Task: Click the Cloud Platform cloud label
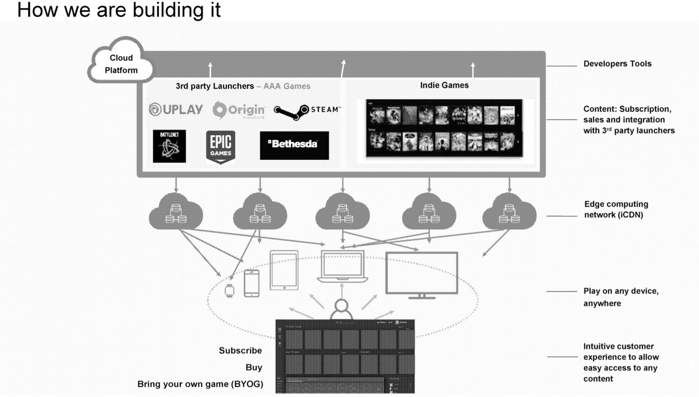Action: (121, 64)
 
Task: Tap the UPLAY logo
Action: (176, 109)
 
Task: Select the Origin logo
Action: (239, 110)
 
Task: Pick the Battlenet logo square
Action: (169, 146)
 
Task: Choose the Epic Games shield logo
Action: (221, 147)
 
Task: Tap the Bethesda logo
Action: (294, 145)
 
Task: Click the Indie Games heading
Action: (444, 85)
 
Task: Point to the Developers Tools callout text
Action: (617, 64)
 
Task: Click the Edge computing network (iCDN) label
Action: (616, 209)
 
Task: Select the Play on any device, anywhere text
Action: (621, 297)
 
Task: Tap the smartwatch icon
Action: (229, 290)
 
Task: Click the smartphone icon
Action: (252, 284)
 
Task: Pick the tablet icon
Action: (284, 270)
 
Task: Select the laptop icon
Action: (342, 267)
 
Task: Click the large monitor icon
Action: (422, 273)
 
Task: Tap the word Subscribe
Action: (240, 350)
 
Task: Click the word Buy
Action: (254, 368)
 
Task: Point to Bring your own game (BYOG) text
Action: (200, 384)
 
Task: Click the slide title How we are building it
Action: (119, 10)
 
